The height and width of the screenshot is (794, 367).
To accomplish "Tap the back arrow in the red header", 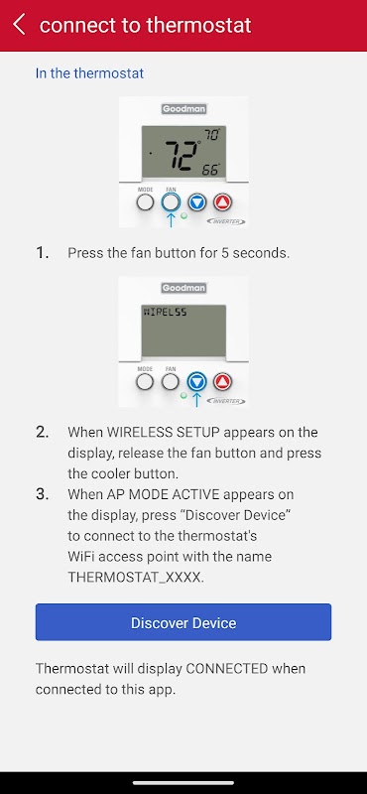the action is tap(19, 24).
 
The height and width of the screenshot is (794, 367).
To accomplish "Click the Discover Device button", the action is tap(183, 622).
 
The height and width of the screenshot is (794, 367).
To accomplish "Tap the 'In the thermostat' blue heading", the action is tap(89, 73).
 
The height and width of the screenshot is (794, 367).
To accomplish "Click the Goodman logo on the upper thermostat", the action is tap(184, 108).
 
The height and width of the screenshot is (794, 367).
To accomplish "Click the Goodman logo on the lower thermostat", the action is tap(184, 288).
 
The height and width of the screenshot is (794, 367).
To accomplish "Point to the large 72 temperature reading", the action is tap(182, 156).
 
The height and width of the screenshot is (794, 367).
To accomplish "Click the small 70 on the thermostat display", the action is tap(211, 135).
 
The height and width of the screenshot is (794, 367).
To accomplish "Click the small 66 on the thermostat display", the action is tap(210, 170).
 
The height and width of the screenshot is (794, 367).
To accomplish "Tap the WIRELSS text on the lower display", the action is tap(166, 313).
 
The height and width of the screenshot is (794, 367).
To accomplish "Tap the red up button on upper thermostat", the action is tap(222, 202).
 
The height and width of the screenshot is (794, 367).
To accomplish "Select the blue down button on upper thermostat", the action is tap(197, 202).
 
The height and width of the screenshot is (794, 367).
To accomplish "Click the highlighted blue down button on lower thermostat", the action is tap(197, 382).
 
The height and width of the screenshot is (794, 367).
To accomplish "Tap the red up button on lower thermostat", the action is tap(222, 382).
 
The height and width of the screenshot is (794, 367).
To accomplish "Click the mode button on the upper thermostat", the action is tap(145, 202).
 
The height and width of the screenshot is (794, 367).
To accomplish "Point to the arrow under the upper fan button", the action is tap(171, 219).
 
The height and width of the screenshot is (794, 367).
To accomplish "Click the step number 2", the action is tap(42, 433).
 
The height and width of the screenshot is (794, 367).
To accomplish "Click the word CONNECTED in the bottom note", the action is tap(227, 668).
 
